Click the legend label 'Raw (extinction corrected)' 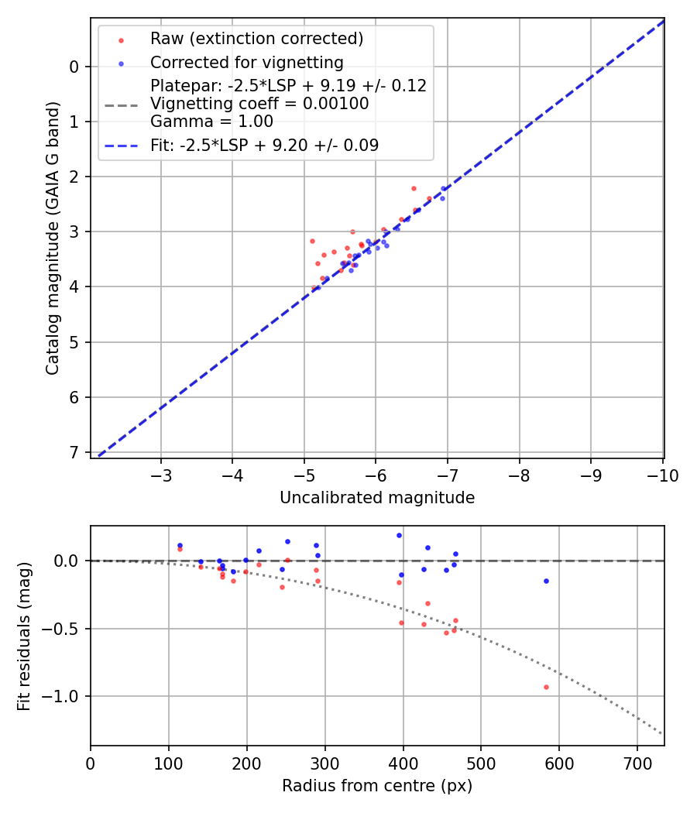point(256,39)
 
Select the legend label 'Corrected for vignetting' point(246,62)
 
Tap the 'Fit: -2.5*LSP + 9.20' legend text point(264,145)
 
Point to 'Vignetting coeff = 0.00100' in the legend point(259,104)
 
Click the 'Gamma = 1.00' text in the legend point(211,121)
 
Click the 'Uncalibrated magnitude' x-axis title point(377,498)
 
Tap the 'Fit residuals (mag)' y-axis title point(25,636)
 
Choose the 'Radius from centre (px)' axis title point(377,786)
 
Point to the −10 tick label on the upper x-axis point(658,475)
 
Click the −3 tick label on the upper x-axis point(161,475)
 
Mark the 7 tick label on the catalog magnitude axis point(74,452)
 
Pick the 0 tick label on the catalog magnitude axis point(74,67)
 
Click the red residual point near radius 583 point(546,687)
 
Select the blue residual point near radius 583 point(546,581)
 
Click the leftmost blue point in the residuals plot point(180,545)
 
